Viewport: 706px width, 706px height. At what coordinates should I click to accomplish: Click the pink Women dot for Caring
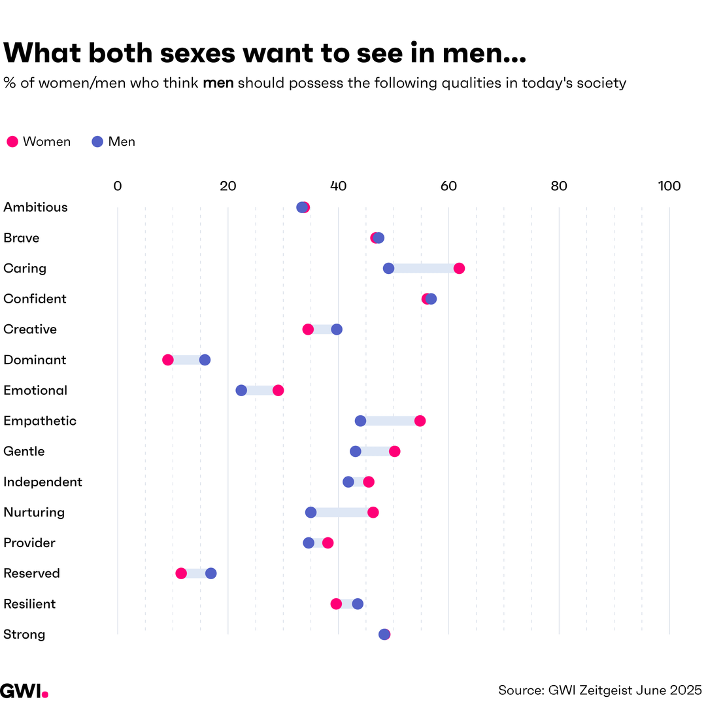(x=459, y=268)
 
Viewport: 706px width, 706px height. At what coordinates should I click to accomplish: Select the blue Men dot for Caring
(x=388, y=268)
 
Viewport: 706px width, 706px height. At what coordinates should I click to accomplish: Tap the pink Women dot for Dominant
(x=168, y=360)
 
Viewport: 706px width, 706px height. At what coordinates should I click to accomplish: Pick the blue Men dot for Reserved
(x=210, y=573)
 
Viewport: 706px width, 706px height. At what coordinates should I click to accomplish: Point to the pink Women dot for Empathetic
(x=420, y=421)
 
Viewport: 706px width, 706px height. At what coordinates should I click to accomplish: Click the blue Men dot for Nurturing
(x=311, y=513)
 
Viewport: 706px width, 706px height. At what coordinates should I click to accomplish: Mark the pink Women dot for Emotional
(x=278, y=390)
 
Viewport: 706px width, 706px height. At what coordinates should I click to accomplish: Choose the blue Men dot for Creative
(x=337, y=329)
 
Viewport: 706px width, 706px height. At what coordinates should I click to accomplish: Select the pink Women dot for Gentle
(x=394, y=451)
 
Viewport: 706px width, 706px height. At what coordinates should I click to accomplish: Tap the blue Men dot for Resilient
(x=358, y=604)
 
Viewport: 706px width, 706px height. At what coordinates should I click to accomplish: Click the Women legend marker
(x=12, y=142)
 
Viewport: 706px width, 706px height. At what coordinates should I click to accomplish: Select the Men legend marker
(x=97, y=142)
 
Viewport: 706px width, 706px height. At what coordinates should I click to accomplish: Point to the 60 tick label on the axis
(x=448, y=186)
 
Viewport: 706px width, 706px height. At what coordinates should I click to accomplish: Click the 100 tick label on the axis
(x=669, y=186)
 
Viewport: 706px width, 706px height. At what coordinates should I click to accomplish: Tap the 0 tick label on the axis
(x=118, y=186)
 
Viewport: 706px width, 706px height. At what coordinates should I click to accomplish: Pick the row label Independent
(x=42, y=482)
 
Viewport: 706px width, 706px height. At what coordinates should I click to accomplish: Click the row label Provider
(x=29, y=543)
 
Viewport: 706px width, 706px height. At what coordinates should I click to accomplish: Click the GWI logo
(x=24, y=691)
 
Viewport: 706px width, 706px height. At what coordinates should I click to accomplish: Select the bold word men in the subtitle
(x=218, y=84)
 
